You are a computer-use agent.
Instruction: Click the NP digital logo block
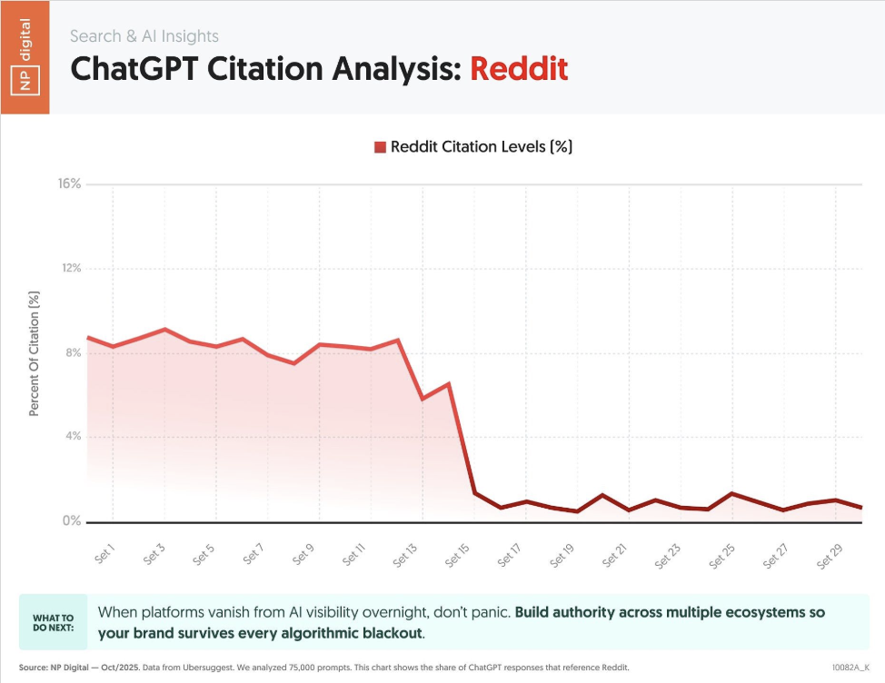click(25, 57)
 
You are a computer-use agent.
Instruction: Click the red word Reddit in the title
click(519, 69)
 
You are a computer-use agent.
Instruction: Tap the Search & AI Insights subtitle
click(144, 36)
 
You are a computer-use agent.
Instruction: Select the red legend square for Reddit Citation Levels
click(380, 147)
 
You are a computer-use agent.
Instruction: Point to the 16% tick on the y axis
click(70, 183)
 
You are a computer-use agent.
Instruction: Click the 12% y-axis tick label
click(70, 268)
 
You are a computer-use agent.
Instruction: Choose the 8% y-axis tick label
click(73, 352)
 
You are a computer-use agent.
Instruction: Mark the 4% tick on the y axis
click(73, 437)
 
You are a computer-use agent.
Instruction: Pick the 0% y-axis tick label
click(73, 521)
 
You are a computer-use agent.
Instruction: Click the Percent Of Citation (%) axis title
click(35, 353)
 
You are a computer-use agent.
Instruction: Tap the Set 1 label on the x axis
click(104, 553)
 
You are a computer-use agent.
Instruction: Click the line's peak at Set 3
click(164, 329)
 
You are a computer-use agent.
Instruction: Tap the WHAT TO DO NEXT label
click(54, 622)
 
